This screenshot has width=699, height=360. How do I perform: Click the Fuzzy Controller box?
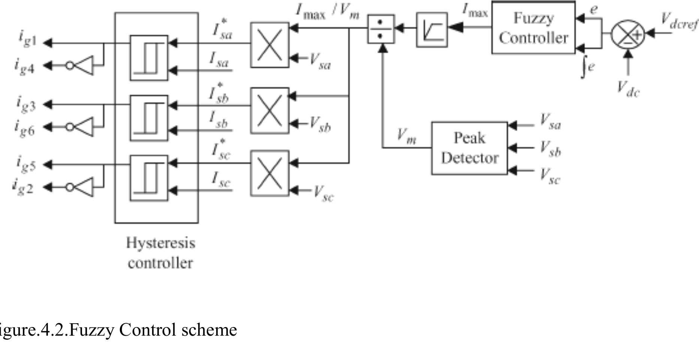[x=533, y=28]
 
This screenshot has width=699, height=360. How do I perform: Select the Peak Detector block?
[x=470, y=148]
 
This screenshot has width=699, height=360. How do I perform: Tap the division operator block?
[x=381, y=29]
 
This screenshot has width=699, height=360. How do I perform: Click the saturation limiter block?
[x=432, y=30]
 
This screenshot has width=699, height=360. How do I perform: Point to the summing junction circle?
[x=628, y=34]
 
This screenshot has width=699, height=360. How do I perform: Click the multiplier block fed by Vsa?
[x=270, y=45]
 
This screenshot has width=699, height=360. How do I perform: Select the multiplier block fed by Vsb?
[x=270, y=111]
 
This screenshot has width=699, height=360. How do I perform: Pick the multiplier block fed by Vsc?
[x=270, y=173]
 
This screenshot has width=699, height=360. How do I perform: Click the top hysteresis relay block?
[x=149, y=58]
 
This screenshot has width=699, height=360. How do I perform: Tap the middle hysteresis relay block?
[x=149, y=118]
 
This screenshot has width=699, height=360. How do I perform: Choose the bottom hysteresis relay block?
[x=149, y=178]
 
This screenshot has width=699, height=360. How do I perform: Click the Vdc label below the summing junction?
[x=628, y=90]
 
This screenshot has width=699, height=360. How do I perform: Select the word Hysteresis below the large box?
[x=161, y=243]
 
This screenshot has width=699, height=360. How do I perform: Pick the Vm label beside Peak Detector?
[x=406, y=136]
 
